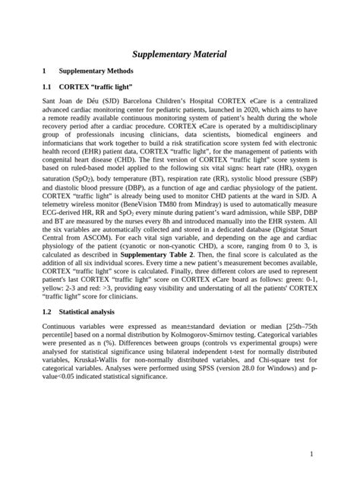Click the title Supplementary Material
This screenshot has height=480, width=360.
(180, 55)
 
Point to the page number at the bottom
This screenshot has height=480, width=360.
(311, 454)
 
